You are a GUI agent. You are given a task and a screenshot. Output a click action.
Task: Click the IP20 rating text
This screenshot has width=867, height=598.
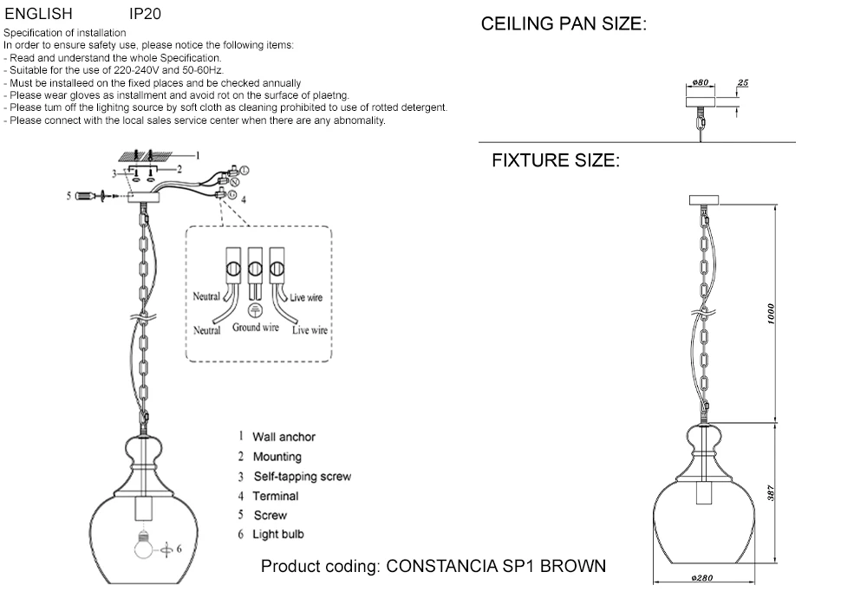[145, 15]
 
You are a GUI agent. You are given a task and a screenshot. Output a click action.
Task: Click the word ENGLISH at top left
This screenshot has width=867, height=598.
[38, 15]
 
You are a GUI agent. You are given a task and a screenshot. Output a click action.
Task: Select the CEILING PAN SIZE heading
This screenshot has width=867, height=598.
[564, 24]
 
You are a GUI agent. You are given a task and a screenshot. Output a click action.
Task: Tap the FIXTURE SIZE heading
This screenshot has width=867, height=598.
[556, 160]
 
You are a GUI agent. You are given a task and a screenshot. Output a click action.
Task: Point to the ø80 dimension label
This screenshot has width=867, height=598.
[701, 82]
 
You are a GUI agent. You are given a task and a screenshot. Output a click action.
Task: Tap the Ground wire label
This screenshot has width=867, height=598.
[256, 328]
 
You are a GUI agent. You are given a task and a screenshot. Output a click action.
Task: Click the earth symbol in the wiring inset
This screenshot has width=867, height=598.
[255, 311]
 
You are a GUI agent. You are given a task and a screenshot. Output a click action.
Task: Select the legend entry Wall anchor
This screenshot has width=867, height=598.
[284, 438]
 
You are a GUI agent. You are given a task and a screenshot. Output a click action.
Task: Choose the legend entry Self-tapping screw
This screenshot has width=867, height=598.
[302, 477]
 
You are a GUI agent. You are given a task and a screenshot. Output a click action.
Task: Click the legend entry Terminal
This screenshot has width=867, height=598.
[276, 497]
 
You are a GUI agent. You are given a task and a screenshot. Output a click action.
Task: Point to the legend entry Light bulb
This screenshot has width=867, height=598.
[278, 535]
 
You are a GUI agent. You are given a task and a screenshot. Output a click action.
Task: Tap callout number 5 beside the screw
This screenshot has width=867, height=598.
[69, 197]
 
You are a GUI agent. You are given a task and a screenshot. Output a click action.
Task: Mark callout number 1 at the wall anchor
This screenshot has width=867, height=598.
[198, 155]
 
